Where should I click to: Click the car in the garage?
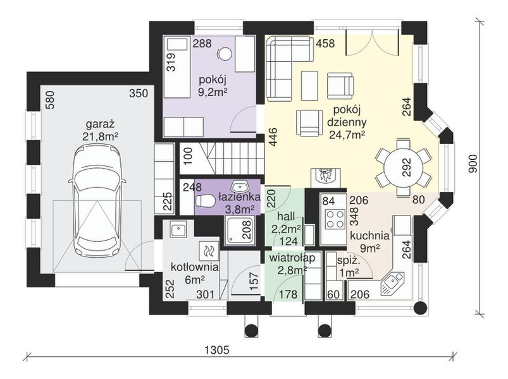point(96,200)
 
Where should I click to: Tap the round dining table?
point(404,168)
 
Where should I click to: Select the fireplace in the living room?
point(326,178)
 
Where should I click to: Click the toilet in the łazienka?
point(206,200)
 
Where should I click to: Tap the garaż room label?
point(100,124)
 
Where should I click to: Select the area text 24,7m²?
point(347,135)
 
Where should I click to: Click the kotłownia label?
point(194,267)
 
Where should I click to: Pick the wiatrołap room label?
point(292,258)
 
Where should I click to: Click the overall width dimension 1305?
point(218,350)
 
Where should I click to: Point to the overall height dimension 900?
point(473,164)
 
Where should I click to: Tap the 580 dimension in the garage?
point(51,100)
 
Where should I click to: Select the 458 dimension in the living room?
point(325,43)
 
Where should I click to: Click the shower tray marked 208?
point(240,229)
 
